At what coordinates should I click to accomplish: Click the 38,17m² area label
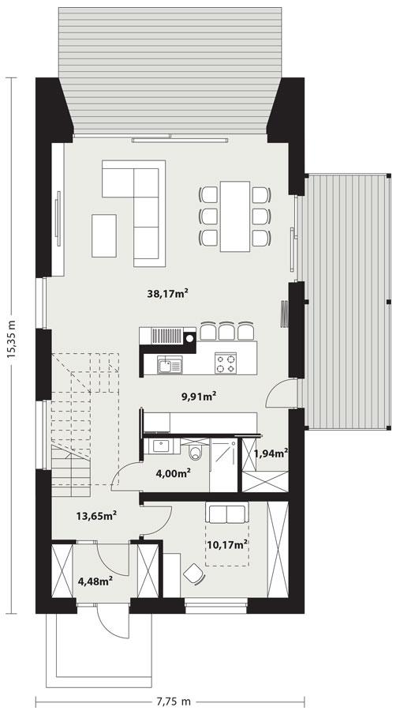pos(167,293)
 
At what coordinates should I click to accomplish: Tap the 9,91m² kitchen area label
pos(198,397)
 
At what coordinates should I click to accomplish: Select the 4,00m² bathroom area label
pos(173,474)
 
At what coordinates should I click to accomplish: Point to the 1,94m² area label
pos(271,453)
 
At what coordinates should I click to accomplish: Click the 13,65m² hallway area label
pos(96,516)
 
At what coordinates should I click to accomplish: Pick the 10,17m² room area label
pos(226,544)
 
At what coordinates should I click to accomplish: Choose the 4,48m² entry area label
pos(95,581)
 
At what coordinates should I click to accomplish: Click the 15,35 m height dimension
pos(12,339)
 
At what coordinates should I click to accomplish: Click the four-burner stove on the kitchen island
pos(226,363)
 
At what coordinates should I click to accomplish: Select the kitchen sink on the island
pos(170,364)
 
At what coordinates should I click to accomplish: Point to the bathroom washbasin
pos(161,446)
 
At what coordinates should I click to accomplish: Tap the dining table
pos(235,216)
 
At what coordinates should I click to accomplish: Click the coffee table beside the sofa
pos(104,235)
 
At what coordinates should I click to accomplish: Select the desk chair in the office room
pos(194,574)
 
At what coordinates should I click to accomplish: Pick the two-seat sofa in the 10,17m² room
pos(227,513)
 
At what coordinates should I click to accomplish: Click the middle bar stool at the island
pos(226,332)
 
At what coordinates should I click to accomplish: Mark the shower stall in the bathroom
pos(223,465)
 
